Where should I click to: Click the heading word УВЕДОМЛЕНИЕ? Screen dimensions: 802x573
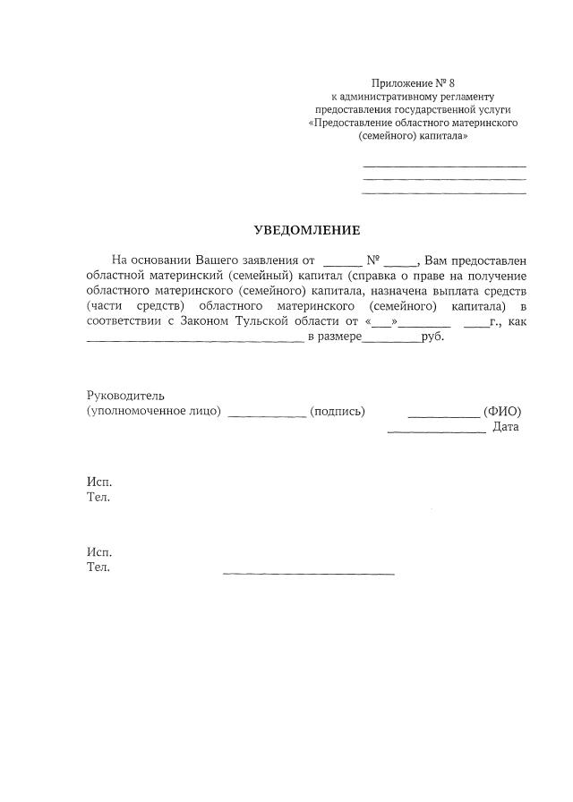coord(307,230)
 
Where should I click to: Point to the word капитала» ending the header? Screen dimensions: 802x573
coord(443,136)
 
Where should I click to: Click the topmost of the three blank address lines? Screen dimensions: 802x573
coord(444,166)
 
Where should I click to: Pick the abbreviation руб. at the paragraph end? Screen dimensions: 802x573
coord(432,337)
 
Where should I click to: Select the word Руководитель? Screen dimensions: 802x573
coord(125,396)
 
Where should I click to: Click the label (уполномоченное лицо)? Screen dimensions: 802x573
coord(154,411)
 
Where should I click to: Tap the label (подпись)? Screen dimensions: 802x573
coord(338,411)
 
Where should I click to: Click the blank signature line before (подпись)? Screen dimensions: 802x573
coord(268,415)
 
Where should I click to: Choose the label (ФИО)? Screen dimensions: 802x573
coord(502,411)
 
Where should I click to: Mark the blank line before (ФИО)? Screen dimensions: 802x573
coord(443,415)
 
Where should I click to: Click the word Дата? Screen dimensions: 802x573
coord(506,427)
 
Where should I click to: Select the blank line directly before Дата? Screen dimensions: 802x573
coord(436,431)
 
